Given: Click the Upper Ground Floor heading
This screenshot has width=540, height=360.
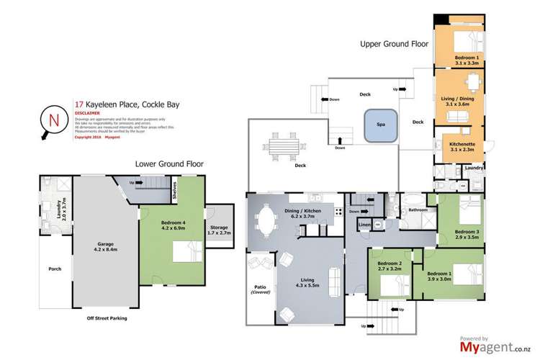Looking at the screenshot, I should [x=394, y=44].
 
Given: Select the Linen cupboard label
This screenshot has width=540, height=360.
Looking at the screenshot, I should [x=364, y=225].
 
